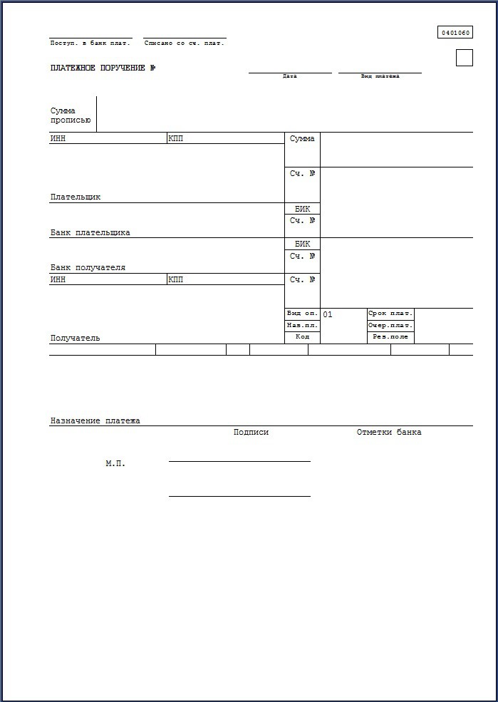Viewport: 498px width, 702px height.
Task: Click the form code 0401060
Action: (x=456, y=33)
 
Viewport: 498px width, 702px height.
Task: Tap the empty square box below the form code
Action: (x=465, y=58)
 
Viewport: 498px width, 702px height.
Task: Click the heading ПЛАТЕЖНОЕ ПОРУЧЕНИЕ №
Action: (x=103, y=68)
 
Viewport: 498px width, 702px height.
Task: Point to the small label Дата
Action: (x=290, y=76)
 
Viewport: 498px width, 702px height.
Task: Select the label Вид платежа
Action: (x=380, y=76)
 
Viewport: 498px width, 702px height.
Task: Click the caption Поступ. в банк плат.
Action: (x=90, y=43)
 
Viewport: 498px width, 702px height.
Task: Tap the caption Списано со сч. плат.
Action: (x=185, y=43)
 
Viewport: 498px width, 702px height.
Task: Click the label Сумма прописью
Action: (x=71, y=115)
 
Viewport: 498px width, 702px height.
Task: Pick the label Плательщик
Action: (x=76, y=197)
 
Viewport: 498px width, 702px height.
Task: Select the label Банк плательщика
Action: (x=90, y=232)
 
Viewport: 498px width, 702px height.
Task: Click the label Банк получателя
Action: (x=88, y=267)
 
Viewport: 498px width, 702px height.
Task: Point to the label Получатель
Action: (x=76, y=338)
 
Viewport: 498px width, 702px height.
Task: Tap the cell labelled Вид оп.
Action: (x=303, y=314)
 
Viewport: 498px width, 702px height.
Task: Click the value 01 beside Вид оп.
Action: (x=328, y=314)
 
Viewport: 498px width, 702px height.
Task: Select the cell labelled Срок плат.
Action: (x=390, y=314)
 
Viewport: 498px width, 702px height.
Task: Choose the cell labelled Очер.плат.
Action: (x=390, y=326)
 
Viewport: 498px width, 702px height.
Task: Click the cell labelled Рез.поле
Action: (x=390, y=337)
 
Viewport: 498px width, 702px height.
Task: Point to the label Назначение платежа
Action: (x=95, y=420)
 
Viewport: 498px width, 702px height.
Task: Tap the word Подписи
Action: (x=251, y=432)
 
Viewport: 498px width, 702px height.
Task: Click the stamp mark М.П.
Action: (x=115, y=463)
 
